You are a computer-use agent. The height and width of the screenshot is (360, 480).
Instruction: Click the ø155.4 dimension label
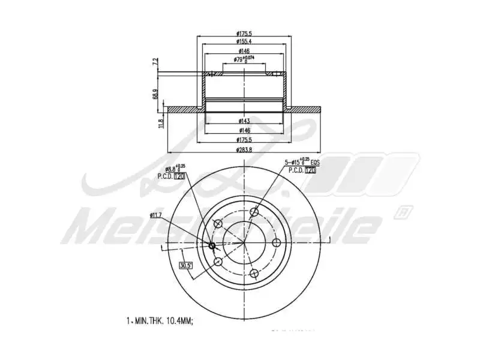click(244, 42)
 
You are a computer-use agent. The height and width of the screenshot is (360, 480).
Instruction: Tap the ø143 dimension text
click(244, 121)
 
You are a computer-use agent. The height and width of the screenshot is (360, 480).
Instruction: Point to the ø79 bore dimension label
click(239, 60)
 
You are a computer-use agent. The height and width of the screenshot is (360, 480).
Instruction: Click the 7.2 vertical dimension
click(155, 62)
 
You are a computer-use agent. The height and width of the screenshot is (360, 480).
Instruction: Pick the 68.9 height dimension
click(155, 94)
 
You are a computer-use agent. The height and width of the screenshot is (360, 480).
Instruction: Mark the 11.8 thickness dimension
click(160, 123)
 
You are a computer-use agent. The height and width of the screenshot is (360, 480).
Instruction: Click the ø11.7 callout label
click(158, 214)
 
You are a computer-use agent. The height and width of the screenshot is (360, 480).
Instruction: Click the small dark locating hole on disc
click(212, 244)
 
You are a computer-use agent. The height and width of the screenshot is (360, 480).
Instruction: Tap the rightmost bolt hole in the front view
click(277, 242)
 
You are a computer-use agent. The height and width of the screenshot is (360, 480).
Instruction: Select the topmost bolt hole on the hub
click(254, 211)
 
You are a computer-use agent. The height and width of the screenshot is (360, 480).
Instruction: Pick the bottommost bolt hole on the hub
click(254, 274)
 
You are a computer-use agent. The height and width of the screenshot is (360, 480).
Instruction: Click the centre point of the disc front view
click(244, 242)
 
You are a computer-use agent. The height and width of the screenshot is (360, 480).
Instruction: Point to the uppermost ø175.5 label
click(244, 33)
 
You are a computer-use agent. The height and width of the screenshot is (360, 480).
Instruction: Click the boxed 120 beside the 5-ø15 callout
click(310, 170)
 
